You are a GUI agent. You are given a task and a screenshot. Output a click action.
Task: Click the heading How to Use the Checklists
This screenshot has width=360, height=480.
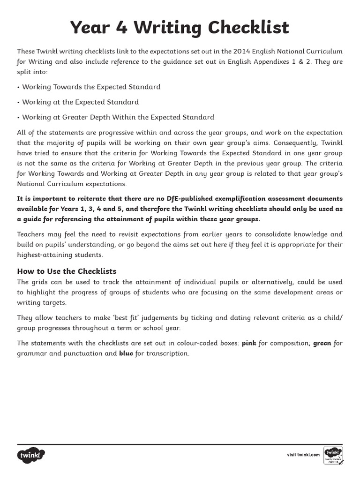pyautogui.click(x=67, y=271)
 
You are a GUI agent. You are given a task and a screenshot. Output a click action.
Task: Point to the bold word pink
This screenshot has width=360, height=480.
pyautogui.click(x=249, y=343)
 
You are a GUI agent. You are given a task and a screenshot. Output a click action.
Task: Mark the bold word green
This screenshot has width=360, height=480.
pyautogui.click(x=322, y=343)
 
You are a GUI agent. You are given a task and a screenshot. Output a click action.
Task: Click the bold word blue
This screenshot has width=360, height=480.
pyautogui.click(x=126, y=353)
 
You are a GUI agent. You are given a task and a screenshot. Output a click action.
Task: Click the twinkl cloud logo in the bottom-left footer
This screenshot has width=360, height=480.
pyautogui.click(x=31, y=455)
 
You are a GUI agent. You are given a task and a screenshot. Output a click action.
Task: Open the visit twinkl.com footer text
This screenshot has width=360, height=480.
pyautogui.click(x=303, y=455)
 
